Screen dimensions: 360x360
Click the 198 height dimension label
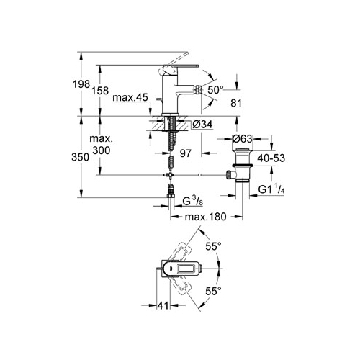point(81,84)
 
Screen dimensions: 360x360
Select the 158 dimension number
point(100,91)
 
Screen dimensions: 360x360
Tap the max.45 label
point(130,98)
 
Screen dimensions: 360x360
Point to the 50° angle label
point(215,90)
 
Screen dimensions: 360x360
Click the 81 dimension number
point(236,103)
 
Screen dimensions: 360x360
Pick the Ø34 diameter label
point(202,125)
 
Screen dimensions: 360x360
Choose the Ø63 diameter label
point(243,138)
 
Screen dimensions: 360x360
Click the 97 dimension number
point(186,153)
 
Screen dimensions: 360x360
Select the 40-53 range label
point(271,158)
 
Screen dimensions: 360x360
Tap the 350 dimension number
point(81,157)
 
